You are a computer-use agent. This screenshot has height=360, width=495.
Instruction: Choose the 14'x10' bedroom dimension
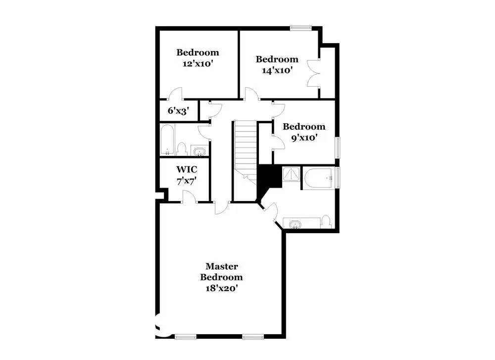[277, 70]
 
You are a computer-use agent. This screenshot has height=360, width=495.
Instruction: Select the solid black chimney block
[268, 178]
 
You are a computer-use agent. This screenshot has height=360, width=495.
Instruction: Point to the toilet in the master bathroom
[325, 221]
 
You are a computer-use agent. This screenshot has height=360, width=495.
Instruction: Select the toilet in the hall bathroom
[181, 150]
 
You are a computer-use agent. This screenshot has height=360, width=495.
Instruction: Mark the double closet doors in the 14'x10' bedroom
[313, 73]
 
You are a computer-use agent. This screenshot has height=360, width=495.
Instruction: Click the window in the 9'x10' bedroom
[339, 147]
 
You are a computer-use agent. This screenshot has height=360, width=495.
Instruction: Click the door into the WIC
[189, 197]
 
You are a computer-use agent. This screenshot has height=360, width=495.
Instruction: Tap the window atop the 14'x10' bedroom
[300, 28]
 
